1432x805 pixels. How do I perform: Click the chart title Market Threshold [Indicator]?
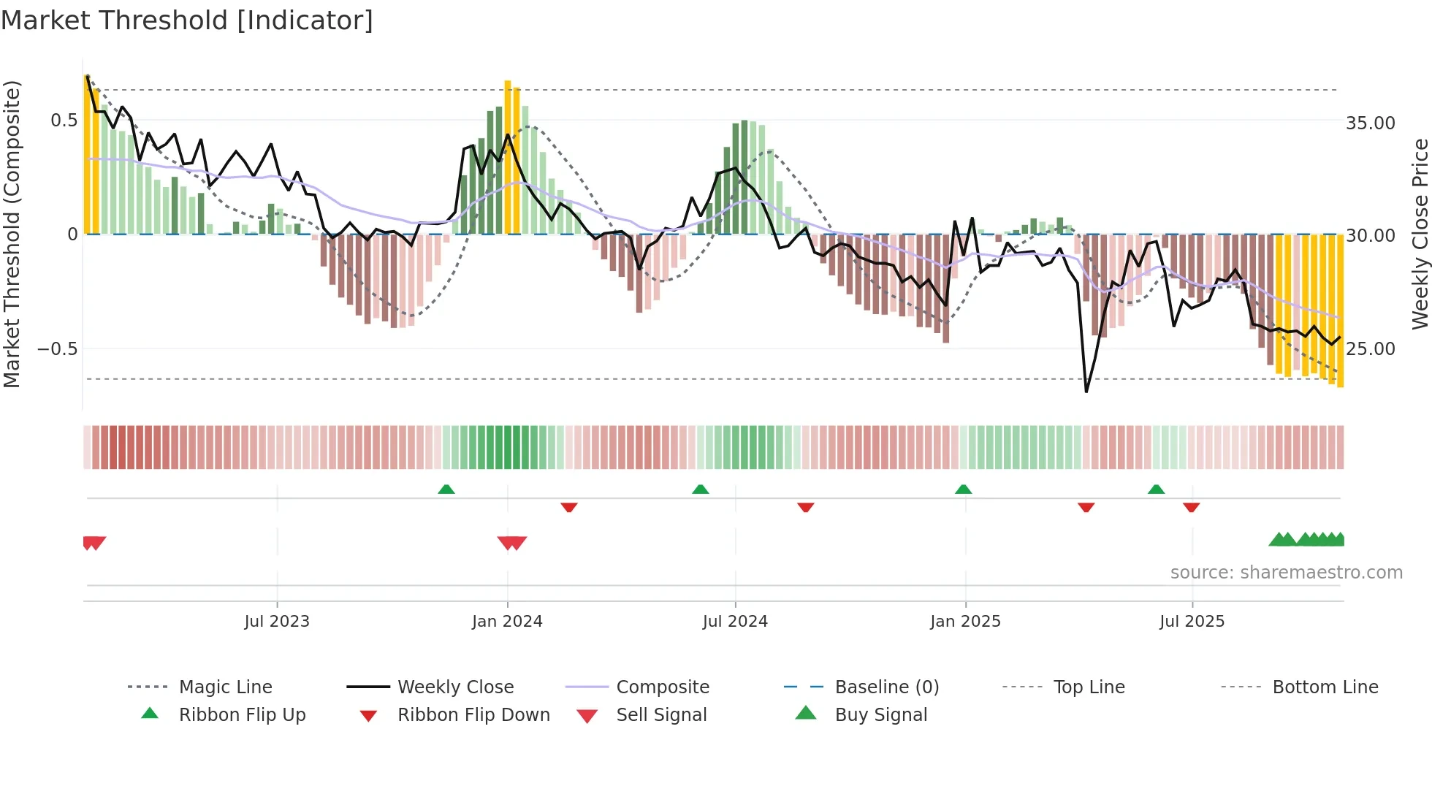187,20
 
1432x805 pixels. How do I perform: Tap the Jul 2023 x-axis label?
277,622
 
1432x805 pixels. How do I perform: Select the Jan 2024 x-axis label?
507,622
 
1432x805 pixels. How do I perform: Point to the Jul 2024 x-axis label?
735,622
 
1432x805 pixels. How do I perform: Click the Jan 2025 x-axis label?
965,622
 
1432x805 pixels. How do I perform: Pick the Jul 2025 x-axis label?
1192,622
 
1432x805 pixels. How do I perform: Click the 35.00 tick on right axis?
1370,123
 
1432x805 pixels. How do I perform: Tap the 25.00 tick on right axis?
1370,348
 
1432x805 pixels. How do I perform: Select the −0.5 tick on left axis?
58,348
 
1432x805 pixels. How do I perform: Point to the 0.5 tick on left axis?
64,121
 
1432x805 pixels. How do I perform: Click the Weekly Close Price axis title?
1420,234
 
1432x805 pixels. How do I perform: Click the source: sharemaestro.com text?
1286,573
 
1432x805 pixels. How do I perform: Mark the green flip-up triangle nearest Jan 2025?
963,489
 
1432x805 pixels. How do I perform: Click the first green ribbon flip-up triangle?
446,489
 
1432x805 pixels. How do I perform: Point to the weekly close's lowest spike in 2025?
1086,391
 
